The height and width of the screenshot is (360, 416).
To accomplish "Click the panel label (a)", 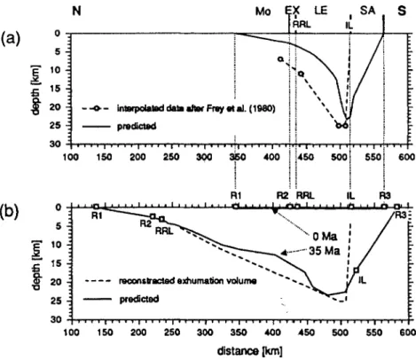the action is [x=11, y=39].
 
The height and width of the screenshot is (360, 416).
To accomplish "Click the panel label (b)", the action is [x=10, y=211].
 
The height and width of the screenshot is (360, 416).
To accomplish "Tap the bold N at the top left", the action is [x=76, y=12].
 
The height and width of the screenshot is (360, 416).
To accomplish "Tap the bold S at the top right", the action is [x=401, y=11].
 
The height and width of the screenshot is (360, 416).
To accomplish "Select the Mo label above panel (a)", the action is [x=263, y=12].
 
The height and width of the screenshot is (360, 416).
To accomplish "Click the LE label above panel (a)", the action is [x=321, y=11].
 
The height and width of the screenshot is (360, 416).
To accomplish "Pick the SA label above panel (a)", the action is [x=367, y=11].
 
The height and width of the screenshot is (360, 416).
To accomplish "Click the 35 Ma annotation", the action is [x=325, y=251].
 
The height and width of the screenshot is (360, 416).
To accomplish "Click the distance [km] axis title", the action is [x=249, y=351].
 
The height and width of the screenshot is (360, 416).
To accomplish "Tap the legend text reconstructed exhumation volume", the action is [x=188, y=280].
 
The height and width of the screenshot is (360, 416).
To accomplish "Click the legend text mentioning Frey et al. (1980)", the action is [x=196, y=109].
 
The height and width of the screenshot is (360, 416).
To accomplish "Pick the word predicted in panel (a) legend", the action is [x=137, y=127].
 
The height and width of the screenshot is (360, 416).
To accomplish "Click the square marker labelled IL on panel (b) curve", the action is [x=357, y=270].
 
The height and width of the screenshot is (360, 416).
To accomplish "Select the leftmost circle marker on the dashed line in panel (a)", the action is [x=280, y=59].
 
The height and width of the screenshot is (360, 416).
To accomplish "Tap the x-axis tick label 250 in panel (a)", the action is [x=171, y=157].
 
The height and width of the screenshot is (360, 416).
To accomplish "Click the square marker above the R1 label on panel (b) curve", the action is [x=96, y=207].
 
